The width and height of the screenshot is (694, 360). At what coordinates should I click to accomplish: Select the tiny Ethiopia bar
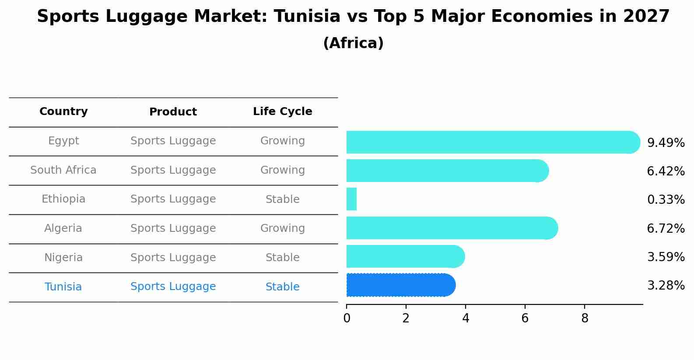(x=351, y=199)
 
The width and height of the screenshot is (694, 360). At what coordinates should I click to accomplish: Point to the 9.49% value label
(x=666, y=143)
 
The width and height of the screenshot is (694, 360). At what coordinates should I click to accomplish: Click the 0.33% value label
(x=666, y=200)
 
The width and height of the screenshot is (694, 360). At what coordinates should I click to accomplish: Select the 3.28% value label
(x=666, y=286)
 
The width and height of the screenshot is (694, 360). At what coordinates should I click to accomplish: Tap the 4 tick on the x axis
(x=466, y=318)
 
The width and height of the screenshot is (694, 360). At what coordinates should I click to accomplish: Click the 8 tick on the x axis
(x=585, y=318)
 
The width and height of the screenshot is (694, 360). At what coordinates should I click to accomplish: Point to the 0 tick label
(x=347, y=318)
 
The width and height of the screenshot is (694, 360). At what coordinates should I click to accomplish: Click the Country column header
(x=63, y=112)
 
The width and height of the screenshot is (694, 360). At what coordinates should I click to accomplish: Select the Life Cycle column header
(x=282, y=112)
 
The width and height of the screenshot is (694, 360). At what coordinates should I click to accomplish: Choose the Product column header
(x=173, y=112)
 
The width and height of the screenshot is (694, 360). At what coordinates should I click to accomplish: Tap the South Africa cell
(x=63, y=170)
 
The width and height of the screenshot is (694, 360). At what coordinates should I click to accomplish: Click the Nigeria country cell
(x=63, y=258)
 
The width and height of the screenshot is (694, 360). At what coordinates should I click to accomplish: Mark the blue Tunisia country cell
(x=63, y=287)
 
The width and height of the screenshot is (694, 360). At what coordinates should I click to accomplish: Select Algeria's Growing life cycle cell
(x=282, y=228)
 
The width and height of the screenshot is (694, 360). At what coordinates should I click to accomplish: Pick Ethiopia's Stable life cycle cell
(x=282, y=199)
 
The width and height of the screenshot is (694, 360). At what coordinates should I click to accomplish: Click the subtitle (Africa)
(x=353, y=43)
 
